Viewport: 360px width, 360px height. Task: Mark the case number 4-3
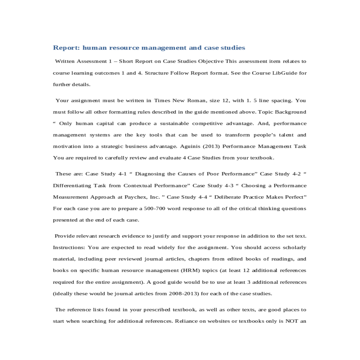229,185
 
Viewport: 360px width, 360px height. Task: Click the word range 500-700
154,208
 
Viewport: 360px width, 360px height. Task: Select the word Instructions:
69,247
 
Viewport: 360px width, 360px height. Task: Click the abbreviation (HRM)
190,270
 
